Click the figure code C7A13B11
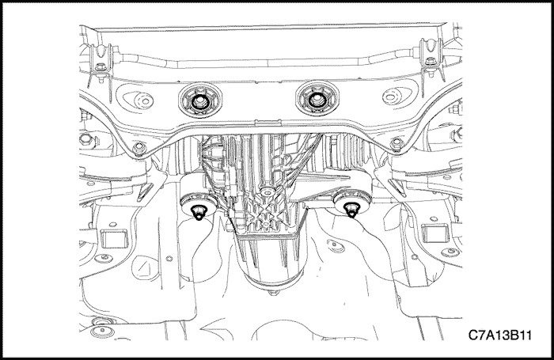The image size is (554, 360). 500,335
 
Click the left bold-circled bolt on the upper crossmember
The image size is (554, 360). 200,101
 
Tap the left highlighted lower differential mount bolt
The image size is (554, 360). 199,213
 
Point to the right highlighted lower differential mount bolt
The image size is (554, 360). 351,210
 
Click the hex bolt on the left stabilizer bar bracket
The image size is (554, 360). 101,66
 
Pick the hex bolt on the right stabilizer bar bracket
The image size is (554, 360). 431,62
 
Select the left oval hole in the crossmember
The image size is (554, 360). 138,100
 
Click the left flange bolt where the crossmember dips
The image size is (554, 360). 139,148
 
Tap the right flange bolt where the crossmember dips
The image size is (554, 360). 397,143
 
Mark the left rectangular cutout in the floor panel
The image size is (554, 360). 114,238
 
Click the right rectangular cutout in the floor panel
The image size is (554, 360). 435,233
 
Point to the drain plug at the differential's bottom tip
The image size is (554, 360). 274,292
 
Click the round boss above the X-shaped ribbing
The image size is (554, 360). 268,191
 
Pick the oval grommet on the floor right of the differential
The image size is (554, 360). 336,246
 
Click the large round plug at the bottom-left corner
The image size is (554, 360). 102,332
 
